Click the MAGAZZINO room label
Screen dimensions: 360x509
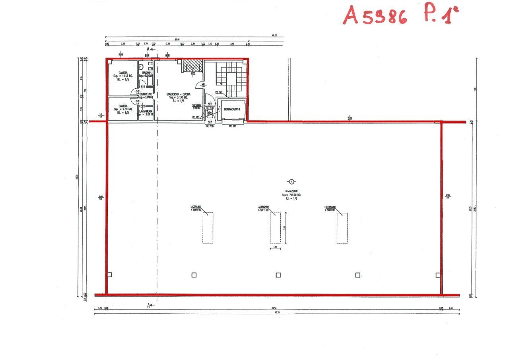pyautogui.click(x=289, y=191)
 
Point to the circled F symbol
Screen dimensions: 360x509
pyautogui.click(x=291, y=182)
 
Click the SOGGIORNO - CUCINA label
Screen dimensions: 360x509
pyautogui.click(x=179, y=94)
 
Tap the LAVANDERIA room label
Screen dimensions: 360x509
pyautogui.click(x=146, y=111)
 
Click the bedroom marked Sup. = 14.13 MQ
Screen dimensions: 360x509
pyautogui.click(x=123, y=76)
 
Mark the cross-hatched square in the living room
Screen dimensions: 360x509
pyautogui.click(x=192, y=65)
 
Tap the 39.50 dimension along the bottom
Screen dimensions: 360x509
pyautogui.click(x=274, y=308)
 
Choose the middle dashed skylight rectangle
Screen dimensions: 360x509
pyautogui.click(x=275, y=228)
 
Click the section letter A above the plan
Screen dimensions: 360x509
pyautogui.click(x=148, y=49)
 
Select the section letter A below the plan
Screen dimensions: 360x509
pyautogui.click(x=148, y=305)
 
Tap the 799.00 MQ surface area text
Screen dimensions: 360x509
pyautogui.click(x=289, y=195)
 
